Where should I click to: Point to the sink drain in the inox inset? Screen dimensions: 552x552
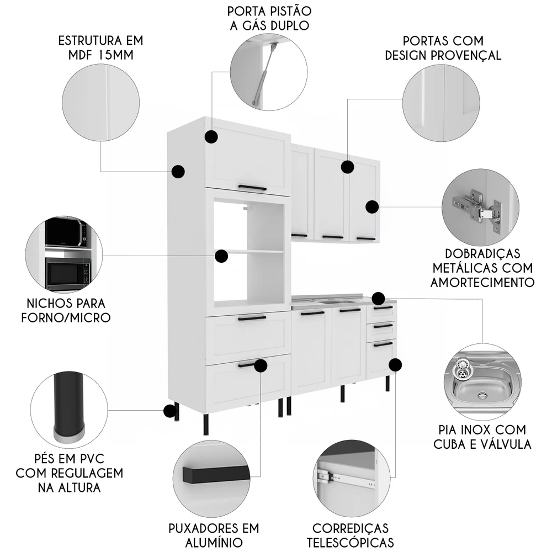[482, 395]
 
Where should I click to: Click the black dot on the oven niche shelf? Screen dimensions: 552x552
[221, 256]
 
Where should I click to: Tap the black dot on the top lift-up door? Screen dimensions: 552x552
[211, 137]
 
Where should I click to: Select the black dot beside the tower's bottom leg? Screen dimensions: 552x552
[169, 411]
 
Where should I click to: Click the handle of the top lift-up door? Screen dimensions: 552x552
[252, 188]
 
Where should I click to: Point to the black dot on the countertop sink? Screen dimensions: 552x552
[378, 298]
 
